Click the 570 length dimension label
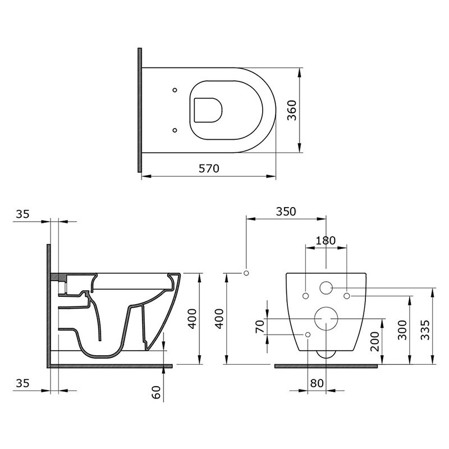[x=209, y=168]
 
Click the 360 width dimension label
[x=292, y=110]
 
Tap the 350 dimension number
[x=286, y=212]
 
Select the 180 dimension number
[x=326, y=241]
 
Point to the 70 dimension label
[x=260, y=327]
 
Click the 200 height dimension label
[x=374, y=341]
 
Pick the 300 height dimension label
[x=402, y=330]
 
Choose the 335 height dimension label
[x=425, y=330]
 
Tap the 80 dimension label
[x=317, y=383]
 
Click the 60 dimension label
[x=157, y=392]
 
